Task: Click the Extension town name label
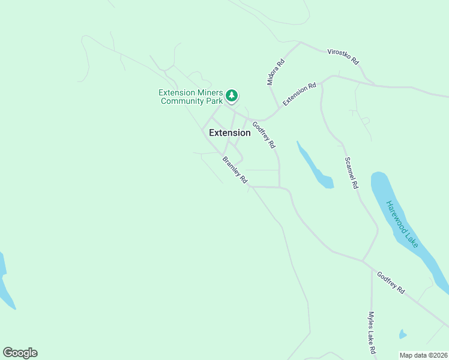pyautogui.click(x=229, y=133)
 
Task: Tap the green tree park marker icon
pyautogui.click(x=232, y=95)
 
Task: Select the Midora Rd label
pyautogui.click(x=276, y=71)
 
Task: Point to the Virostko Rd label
pyautogui.click(x=343, y=56)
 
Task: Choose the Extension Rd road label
pyautogui.click(x=300, y=95)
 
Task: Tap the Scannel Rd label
pyautogui.click(x=351, y=173)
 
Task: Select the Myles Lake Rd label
pyautogui.click(x=372, y=332)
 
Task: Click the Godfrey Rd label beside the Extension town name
pyautogui.click(x=264, y=135)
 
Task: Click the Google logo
pyautogui.click(x=20, y=353)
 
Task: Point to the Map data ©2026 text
pyautogui.click(x=424, y=355)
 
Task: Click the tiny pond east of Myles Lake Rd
pyautogui.click(x=403, y=334)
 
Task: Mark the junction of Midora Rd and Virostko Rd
pyautogui.click(x=300, y=43)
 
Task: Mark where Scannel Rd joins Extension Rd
pyautogui.click(x=322, y=82)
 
